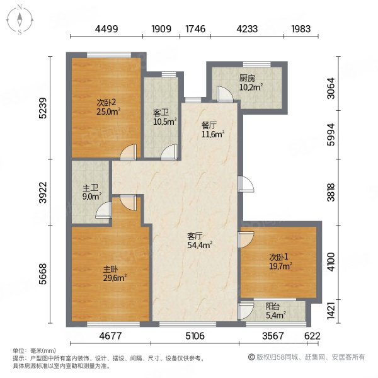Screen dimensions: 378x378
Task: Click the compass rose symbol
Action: coord(20,20)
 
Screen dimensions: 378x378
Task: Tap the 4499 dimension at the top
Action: coord(106,29)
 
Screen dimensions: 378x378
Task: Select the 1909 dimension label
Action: coord(161,29)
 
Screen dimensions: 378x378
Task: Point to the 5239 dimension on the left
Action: coord(43,108)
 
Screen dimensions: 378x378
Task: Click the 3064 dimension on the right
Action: coord(331,88)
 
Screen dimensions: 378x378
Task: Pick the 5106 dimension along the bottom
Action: coord(195,336)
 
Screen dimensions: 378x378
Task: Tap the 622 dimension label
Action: coord(312,336)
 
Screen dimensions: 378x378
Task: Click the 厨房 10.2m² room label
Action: coord(251,83)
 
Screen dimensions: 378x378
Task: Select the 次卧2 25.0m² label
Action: coord(108,107)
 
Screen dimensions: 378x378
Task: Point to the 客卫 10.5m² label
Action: coord(165,117)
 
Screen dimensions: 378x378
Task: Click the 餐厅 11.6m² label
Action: coord(213,130)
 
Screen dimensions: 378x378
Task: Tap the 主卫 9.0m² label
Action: coord(92,192)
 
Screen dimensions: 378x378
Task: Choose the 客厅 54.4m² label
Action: coord(200,241)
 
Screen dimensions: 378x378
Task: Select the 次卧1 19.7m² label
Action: coord(280,261)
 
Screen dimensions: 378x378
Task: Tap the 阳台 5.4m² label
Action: coord(275,311)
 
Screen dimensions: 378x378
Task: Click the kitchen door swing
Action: coord(225,93)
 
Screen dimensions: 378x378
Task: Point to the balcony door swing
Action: coord(246,311)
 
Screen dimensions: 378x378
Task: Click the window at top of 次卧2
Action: coord(109,55)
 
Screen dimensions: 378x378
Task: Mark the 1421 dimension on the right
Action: coord(331,311)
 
